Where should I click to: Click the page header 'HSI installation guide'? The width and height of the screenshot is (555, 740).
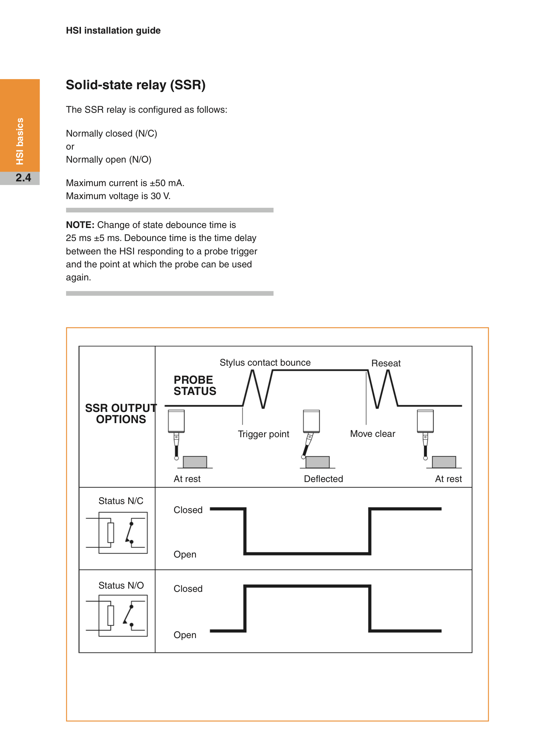[113, 31]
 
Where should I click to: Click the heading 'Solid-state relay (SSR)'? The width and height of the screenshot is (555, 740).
[135, 85]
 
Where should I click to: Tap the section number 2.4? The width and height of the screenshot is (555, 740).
[23, 178]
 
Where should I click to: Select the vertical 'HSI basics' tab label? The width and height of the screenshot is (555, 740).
[20, 141]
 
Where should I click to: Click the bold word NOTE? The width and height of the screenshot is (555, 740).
[80, 225]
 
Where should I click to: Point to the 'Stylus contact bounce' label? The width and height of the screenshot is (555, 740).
[265, 362]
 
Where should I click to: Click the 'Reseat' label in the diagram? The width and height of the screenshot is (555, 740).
[386, 363]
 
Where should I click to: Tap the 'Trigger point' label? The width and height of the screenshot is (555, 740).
[263, 434]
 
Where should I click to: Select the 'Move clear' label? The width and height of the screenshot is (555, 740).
[373, 434]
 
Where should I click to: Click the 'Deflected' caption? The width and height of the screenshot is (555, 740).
[323, 479]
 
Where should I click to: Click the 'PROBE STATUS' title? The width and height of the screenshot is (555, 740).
[195, 386]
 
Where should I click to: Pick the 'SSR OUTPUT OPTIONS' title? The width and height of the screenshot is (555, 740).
[121, 414]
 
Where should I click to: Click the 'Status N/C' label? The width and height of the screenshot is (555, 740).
[121, 501]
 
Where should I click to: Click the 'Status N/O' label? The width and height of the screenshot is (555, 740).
[121, 585]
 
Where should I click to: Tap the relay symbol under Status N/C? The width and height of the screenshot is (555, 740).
[117, 533]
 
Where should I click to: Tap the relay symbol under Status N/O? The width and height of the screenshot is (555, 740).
[117, 616]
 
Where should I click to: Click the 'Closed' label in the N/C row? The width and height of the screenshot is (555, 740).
[188, 510]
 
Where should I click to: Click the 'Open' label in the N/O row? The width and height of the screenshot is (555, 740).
[185, 635]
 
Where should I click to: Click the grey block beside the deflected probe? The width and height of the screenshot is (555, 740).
[318, 462]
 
